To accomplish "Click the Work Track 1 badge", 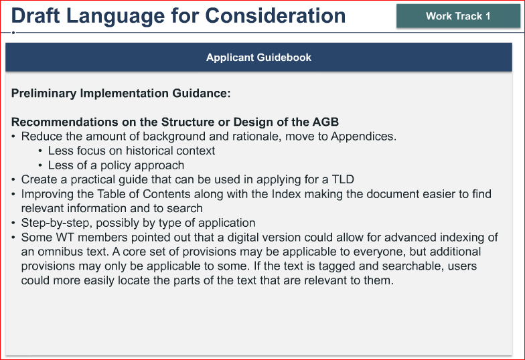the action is pos(458,16).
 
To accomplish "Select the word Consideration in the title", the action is pos(275,16).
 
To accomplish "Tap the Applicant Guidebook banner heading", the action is pos(258,58).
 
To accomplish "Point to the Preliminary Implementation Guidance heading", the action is pos(121,93).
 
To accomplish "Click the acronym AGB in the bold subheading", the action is pos(325,122).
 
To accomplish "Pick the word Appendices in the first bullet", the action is pos(364,137).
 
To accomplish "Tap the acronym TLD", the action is pos(343,179).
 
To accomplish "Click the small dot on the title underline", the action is pos(13,32).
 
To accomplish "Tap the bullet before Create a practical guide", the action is pos(13,180).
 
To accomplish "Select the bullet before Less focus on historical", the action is pos(40,151).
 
